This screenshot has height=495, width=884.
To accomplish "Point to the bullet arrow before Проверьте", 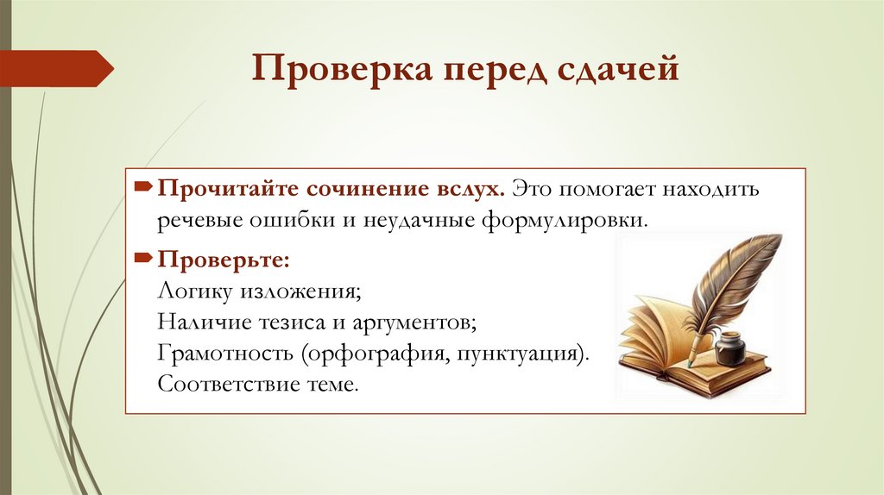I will point(144,260).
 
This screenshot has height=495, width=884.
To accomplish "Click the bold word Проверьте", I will point(222,260).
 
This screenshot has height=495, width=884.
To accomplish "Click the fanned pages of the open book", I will point(656,332).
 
